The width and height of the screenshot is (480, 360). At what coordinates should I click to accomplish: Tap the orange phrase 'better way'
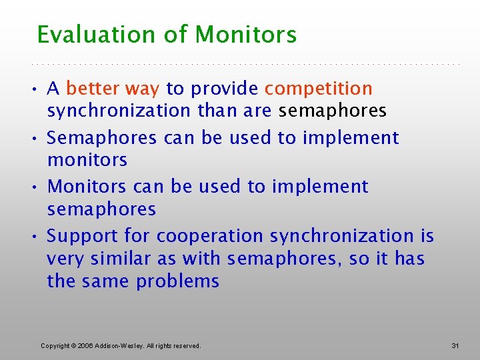[113, 89]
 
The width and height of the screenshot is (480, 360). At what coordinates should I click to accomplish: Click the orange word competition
[319, 89]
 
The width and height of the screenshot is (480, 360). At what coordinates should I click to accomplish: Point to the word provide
[225, 89]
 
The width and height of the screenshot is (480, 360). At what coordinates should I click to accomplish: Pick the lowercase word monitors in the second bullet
[87, 160]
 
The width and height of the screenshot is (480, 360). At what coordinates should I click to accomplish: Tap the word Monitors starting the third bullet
[86, 187]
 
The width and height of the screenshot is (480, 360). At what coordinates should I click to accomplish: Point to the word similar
[122, 259]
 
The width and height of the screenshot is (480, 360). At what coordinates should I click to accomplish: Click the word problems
[177, 281]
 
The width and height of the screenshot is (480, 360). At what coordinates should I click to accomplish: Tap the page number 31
[455, 345]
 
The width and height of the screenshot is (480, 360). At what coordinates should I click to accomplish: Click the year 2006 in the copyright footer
[86, 345]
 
